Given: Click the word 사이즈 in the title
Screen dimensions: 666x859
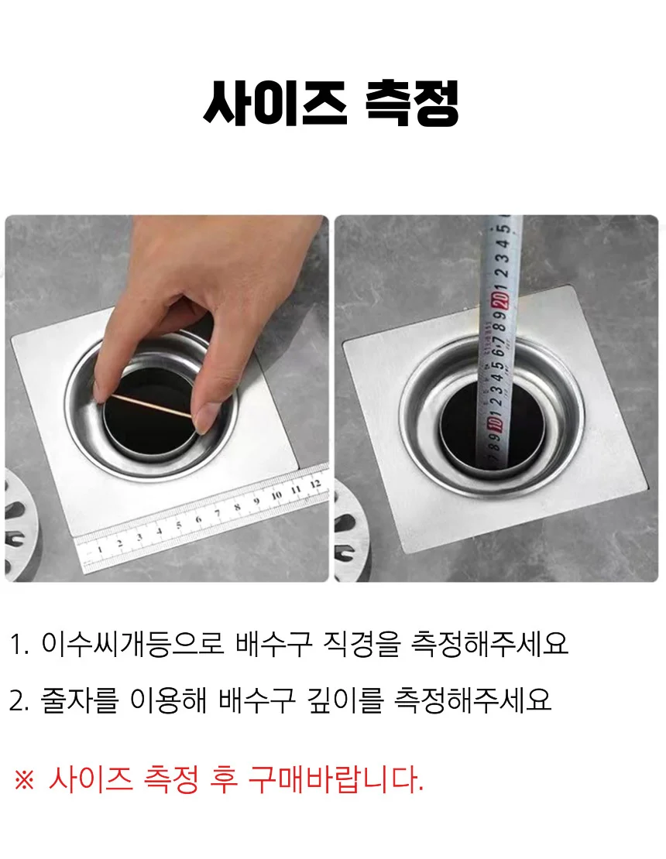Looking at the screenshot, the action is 274,103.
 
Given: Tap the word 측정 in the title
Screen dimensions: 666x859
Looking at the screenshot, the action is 411,103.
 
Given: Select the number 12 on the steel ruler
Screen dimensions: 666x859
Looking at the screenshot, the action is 314,484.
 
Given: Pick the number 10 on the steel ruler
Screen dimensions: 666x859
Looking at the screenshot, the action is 276,495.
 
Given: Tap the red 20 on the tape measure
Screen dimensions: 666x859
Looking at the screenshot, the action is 501,301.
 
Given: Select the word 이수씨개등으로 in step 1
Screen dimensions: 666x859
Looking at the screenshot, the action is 132,644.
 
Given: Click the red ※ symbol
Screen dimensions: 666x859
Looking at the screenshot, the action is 24,779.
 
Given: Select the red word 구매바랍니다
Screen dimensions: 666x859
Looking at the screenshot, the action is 335,779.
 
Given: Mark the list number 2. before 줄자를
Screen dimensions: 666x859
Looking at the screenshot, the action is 19,701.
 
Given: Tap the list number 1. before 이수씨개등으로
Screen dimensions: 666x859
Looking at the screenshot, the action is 19,645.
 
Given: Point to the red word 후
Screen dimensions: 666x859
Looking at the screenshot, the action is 224,779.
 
